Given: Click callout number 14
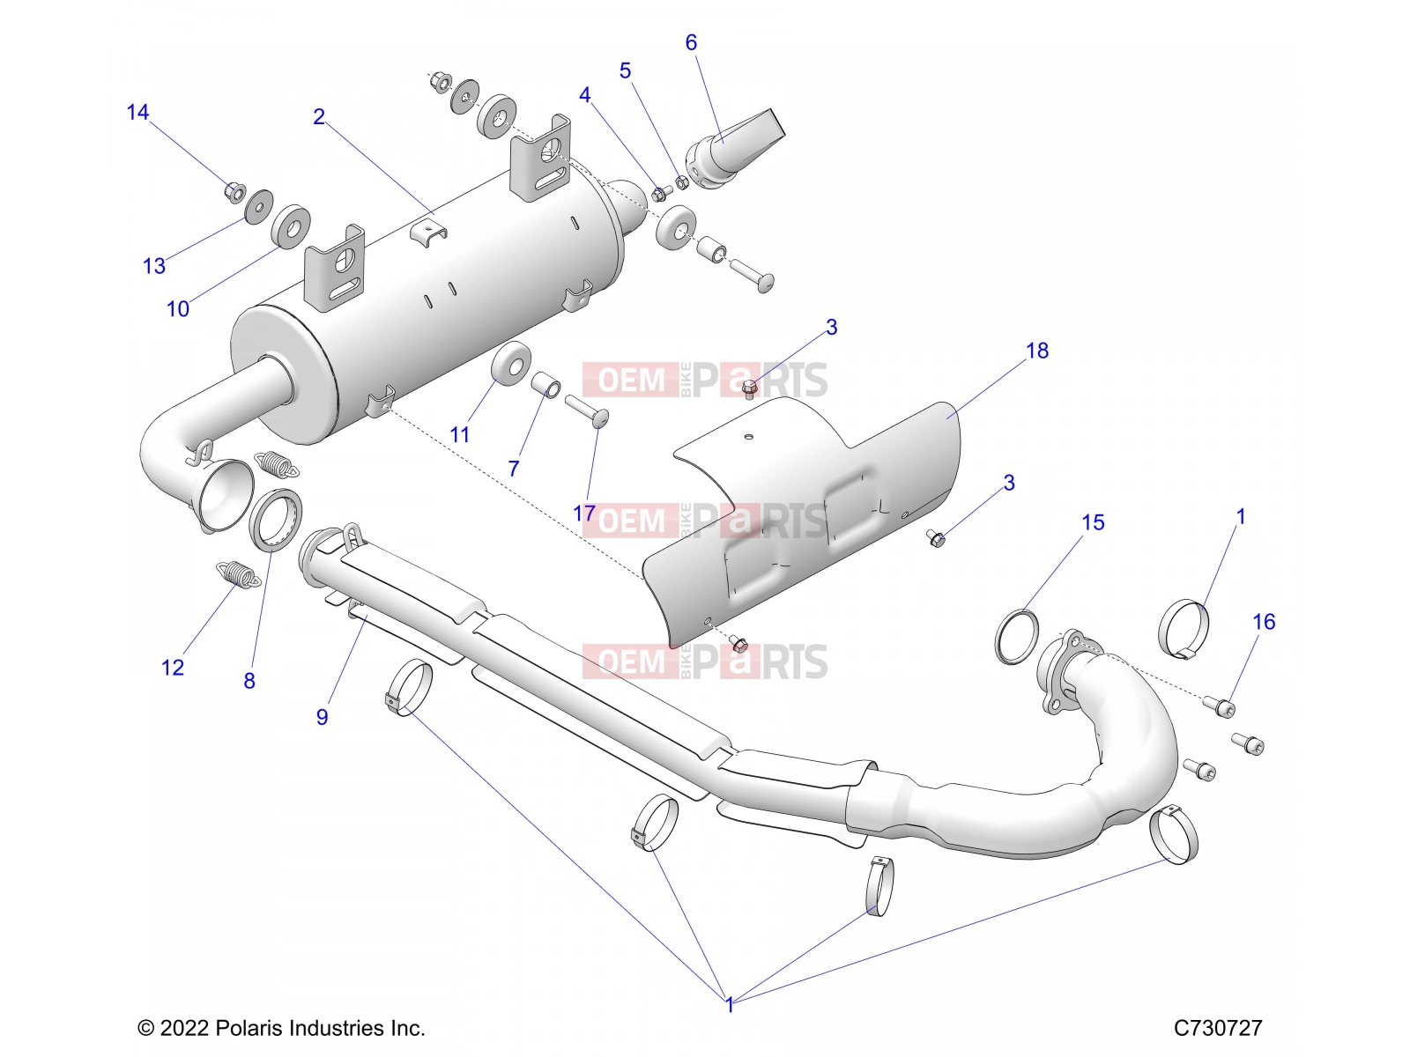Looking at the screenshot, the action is click(137, 113).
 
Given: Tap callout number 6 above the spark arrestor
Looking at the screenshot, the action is click(691, 42).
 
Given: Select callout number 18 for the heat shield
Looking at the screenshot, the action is click(1037, 351).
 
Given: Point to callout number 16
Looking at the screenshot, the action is click(1265, 621).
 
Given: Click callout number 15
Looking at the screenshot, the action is click(1094, 522).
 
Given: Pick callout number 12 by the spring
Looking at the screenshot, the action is click(172, 668).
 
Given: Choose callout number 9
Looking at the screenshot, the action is click(322, 717).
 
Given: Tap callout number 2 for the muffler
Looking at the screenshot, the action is click(319, 117).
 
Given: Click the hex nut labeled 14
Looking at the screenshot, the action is click(235, 190).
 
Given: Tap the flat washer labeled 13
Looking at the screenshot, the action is click(259, 205).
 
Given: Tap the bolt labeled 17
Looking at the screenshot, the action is click(587, 411).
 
